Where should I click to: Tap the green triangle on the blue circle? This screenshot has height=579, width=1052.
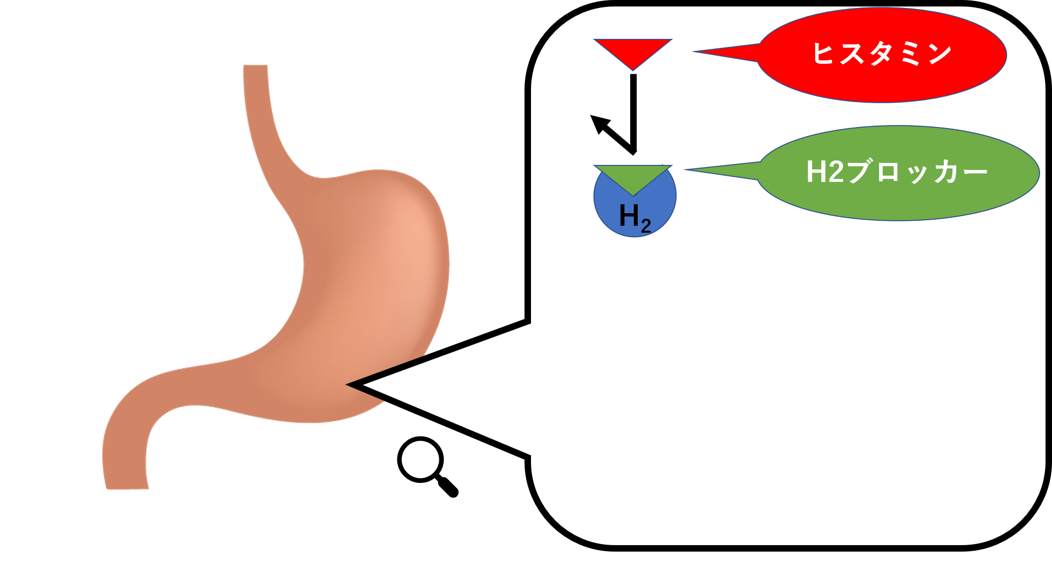(x=633, y=176)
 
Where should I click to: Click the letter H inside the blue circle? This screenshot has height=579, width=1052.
(x=629, y=216)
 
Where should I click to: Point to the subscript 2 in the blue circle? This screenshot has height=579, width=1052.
(x=646, y=226)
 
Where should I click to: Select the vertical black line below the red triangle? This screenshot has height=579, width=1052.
(x=633, y=110)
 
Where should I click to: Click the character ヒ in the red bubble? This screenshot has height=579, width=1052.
(x=823, y=53)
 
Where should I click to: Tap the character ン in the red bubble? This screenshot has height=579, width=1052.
(x=939, y=53)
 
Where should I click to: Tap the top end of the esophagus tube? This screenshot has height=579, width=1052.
(x=255, y=67)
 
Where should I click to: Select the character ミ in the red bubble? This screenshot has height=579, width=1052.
(x=910, y=53)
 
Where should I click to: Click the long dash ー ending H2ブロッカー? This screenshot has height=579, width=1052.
(x=973, y=172)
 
